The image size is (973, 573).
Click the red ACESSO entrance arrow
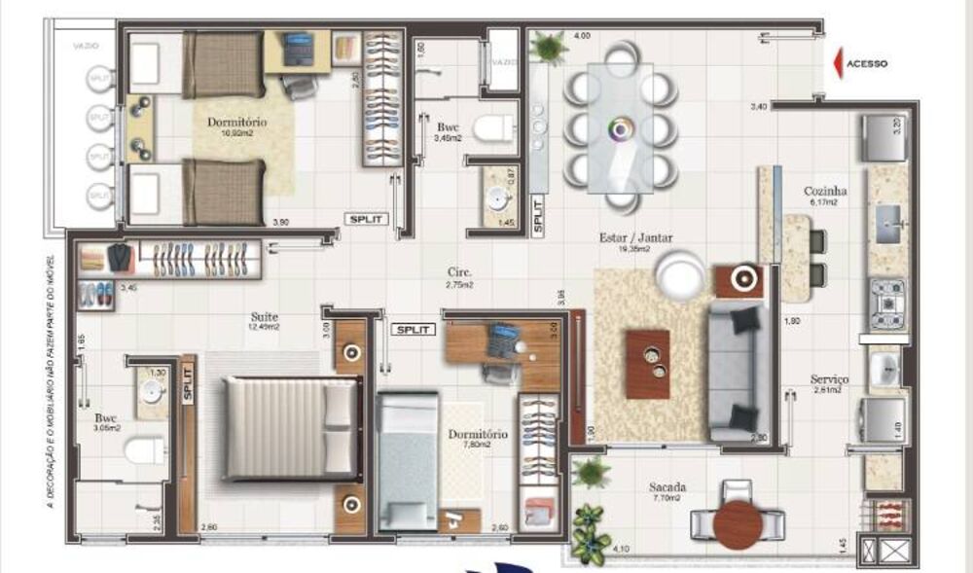click(x=838, y=63)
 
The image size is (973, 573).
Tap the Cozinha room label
click(x=825, y=192)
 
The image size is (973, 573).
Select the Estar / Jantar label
click(x=637, y=236)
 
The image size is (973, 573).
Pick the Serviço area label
click(x=830, y=378)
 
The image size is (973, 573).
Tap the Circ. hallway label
click(x=460, y=273)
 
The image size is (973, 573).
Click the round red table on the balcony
click(x=738, y=523)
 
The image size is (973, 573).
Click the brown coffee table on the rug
click(x=647, y=364)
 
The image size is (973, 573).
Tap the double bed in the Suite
click(x=289, y=428)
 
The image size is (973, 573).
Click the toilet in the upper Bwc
click(x=494, y=127)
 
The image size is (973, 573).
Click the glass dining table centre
click(x=620, y=127)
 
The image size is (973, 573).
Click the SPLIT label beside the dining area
click(x=536, y=216)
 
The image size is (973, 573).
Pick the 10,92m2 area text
click(x=234, y=137)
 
